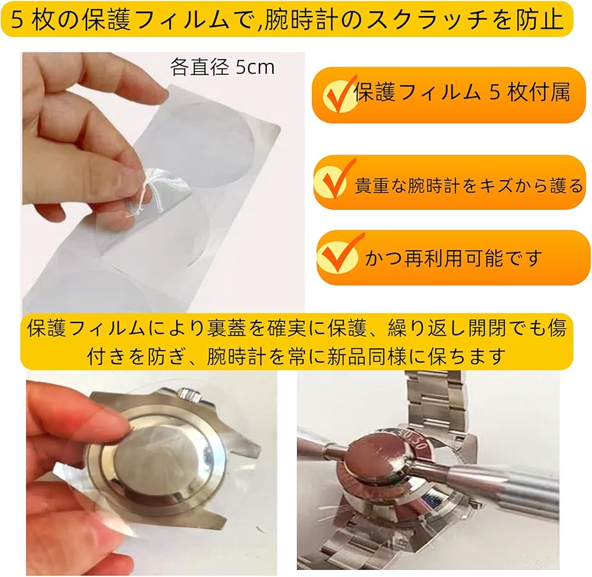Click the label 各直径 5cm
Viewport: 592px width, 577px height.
point(222,67)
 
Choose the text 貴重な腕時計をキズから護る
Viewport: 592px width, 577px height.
point(469,186)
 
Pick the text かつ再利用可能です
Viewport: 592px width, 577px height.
point(454,258)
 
